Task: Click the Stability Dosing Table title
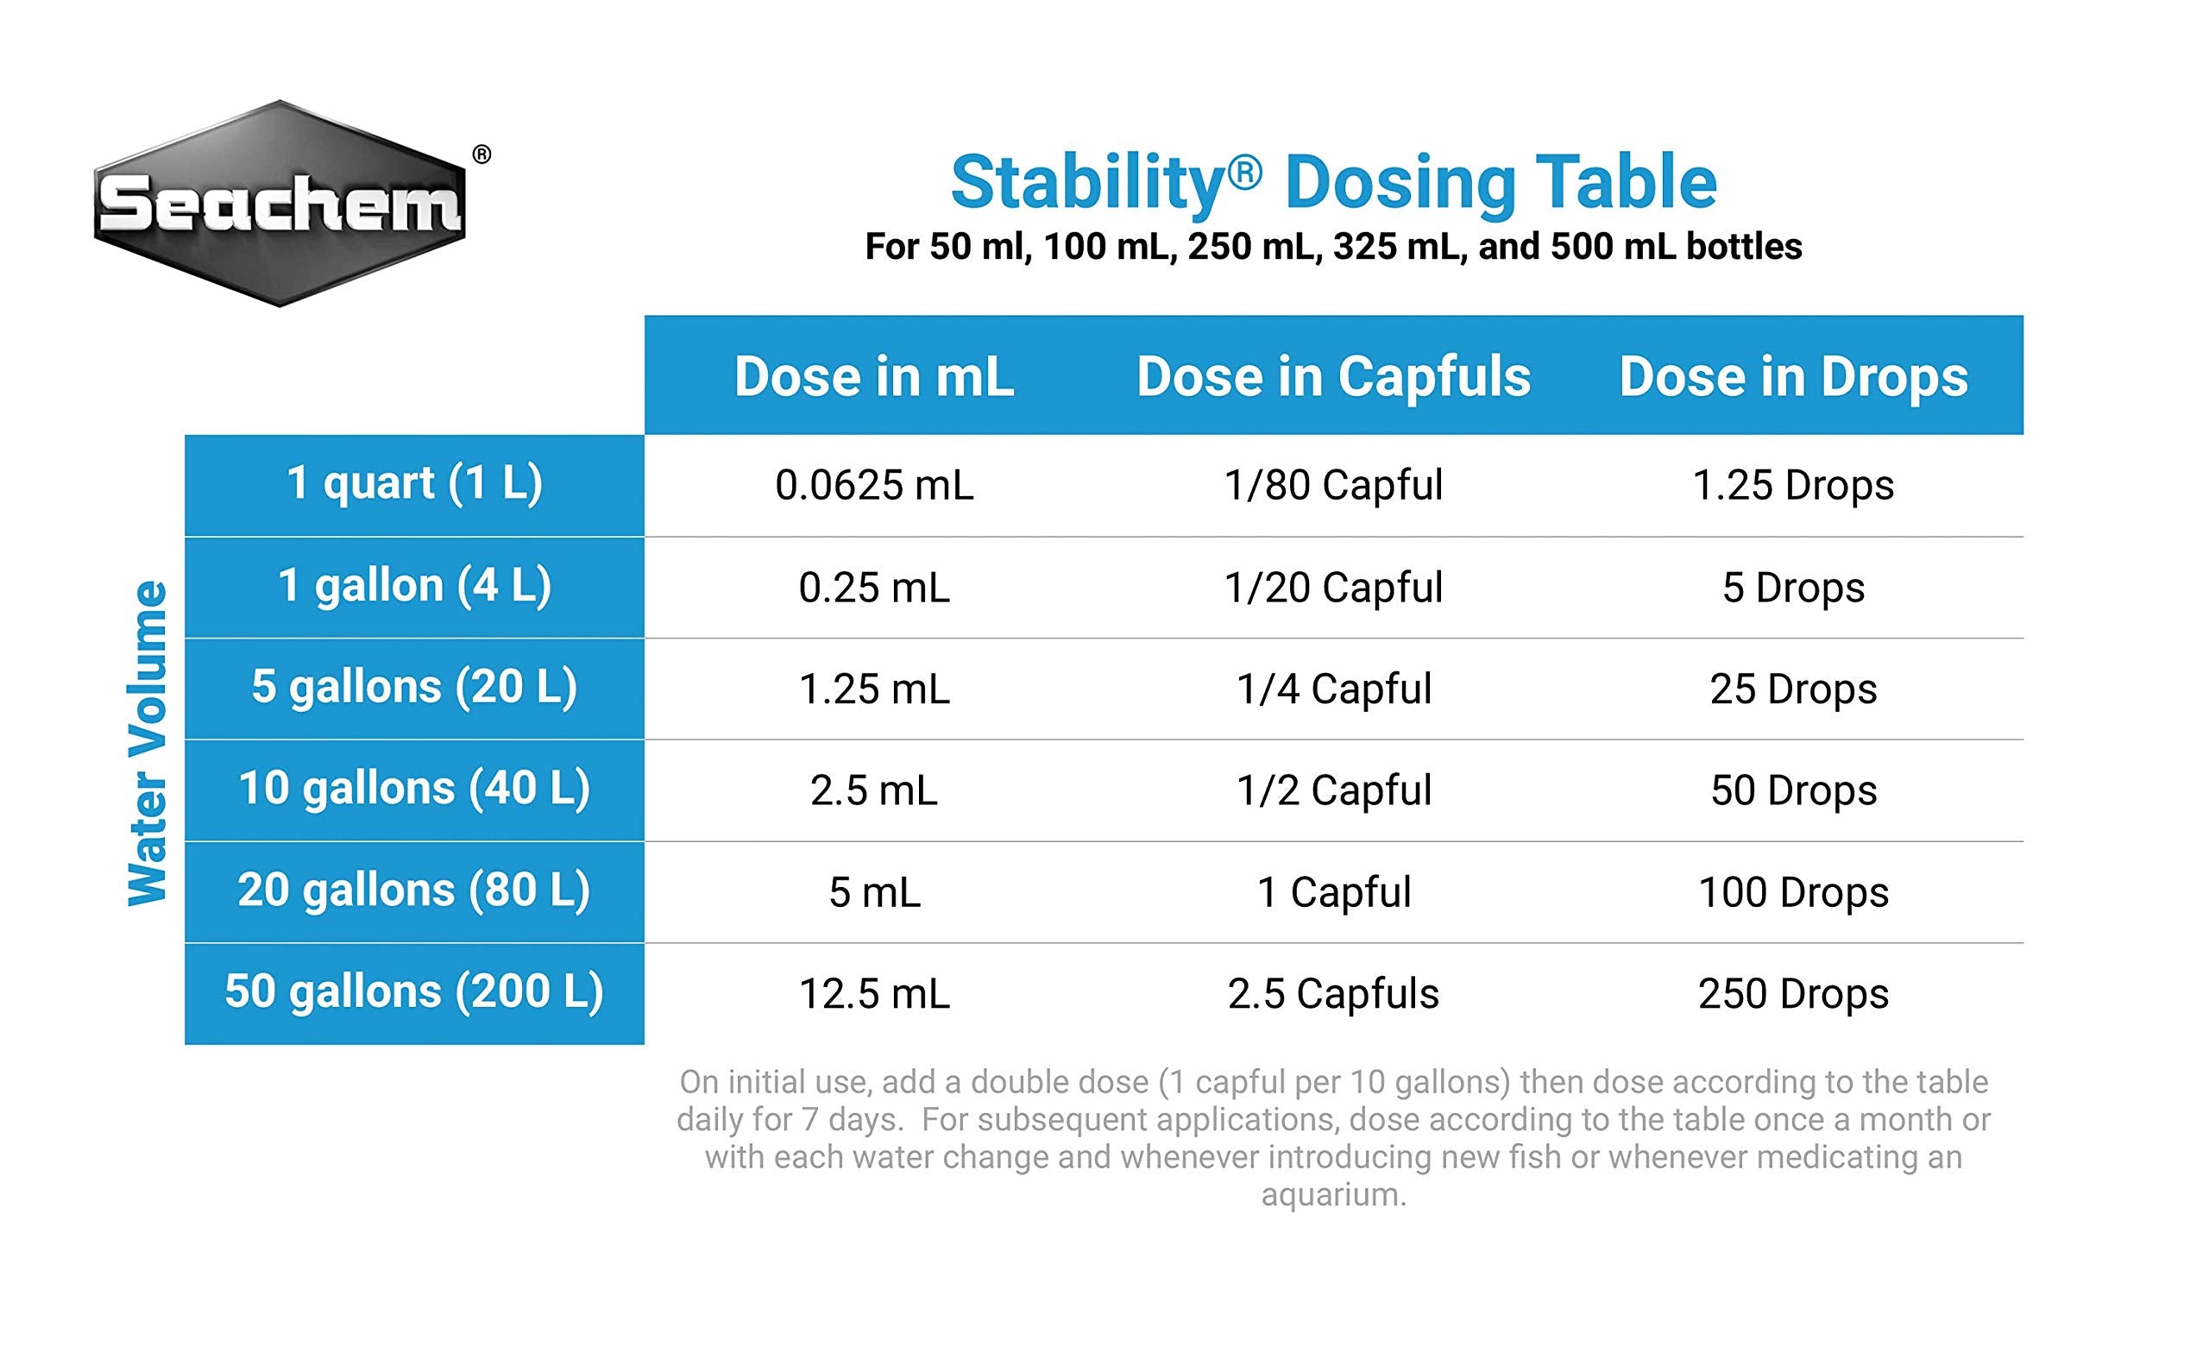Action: coord(1333,183)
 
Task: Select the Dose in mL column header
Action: coord(874,376)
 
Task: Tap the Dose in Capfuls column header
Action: coord(1333,376)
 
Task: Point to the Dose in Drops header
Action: coord(1793,376)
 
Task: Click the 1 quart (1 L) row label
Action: coord(414,484)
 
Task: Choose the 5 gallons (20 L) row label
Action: coord(414,688)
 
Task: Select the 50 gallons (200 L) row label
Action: coord(414,992)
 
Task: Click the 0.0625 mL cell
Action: coord(874,486)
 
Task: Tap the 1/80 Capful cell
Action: coord(1333,486)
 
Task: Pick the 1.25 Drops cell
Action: coord(1793,486)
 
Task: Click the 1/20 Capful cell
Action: coord(1333,588)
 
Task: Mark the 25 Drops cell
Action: coord(1793,689)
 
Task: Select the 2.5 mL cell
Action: coord(874,790)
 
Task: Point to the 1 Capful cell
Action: coord(1333,893)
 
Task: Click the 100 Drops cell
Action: coord(1793,893)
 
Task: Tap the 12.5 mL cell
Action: coord(874,994)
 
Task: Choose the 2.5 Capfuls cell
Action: coord(1333,994)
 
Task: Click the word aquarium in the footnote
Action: coord(1333,1195)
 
